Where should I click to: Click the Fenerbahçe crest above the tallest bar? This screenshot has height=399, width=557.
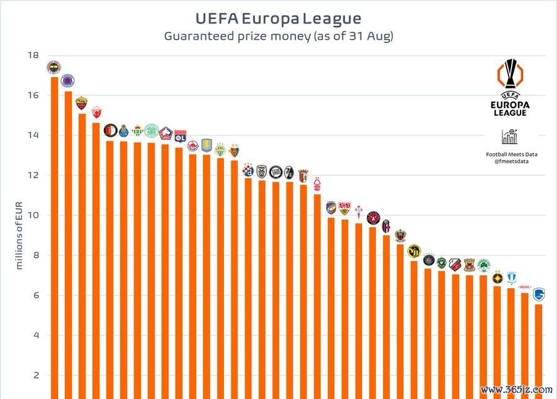pos(54,67)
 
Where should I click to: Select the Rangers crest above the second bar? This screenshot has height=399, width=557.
pos(67,80)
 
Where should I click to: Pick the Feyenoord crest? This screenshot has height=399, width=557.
pos(110,131)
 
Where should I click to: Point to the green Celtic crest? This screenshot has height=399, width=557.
pos(152,130)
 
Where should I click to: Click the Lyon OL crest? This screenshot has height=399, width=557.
pos(180,135)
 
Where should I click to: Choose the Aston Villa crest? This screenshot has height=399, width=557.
pos(207,145)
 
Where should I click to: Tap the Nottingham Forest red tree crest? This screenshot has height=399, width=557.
pos(317,183)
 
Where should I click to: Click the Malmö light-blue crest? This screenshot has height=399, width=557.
pos(511,278)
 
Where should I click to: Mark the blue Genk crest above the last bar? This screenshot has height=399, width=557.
pos(538,293)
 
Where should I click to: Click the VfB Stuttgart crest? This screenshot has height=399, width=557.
pos(345,208)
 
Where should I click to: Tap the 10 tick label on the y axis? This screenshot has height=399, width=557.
pos(33,216)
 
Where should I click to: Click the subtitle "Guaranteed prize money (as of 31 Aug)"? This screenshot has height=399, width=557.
pos(278,36)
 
